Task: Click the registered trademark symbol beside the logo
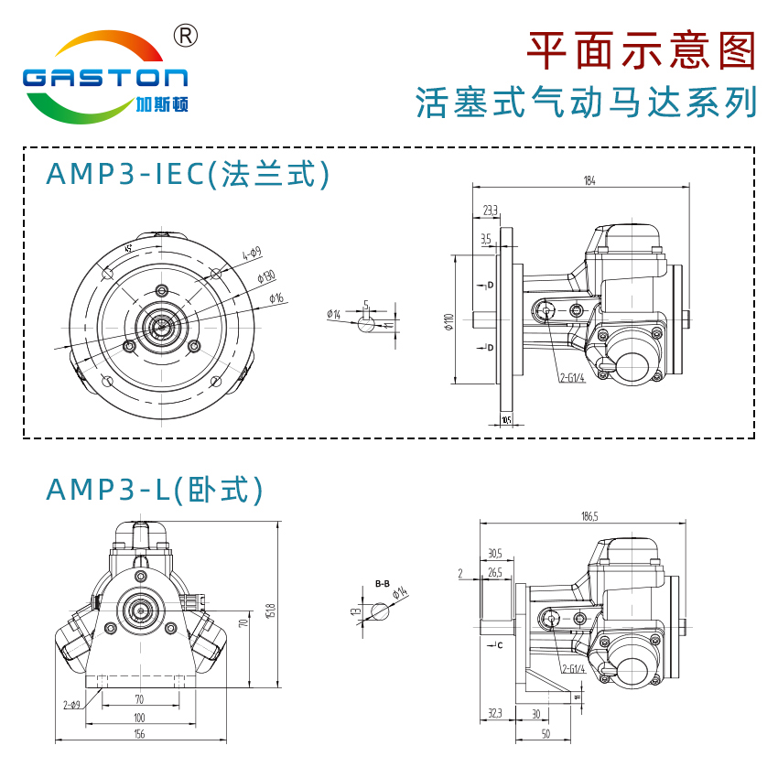point(186,35)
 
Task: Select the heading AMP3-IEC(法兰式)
point(188,174)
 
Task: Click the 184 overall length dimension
point(589,181)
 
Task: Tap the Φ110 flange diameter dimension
point(448,322)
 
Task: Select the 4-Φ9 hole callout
point(252,253)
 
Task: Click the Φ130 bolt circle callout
point(266,276)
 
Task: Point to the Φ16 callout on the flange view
point(276,297)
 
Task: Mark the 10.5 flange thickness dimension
point(506,420)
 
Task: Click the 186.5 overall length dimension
point(589,517)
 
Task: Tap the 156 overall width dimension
point(139,732)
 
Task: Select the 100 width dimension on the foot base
point(139,718)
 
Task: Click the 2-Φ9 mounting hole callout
point(72,704)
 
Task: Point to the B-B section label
point(383,583)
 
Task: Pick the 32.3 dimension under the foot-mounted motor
point(495,712)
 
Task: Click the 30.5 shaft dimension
point(494,553)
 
